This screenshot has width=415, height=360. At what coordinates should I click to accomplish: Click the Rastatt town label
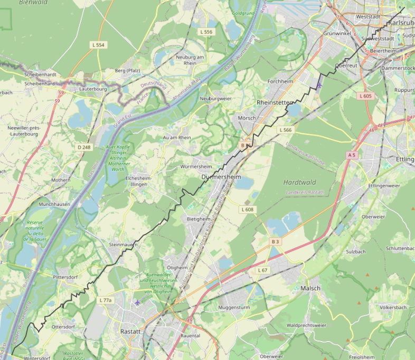coord(130,331)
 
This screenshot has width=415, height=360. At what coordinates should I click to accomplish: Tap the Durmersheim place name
coord(221,177)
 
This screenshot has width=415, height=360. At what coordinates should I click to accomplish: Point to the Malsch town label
coord(310,288)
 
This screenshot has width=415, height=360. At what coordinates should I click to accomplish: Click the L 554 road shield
coord(98,45)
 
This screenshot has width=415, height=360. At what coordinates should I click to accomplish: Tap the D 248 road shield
coord(83,147)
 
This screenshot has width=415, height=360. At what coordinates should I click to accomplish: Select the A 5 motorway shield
coord(352,155)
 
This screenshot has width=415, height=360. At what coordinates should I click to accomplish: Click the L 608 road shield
coord(247,210)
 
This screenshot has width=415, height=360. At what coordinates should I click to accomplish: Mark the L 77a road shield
coord(106,300)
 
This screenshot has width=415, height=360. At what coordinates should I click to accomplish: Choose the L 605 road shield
coord(365,96)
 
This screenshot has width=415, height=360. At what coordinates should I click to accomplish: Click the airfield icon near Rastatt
coord(138,302)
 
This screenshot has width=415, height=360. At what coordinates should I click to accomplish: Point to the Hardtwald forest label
coord(299,182)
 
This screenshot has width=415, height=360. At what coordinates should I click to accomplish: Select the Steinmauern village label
coord(122,245)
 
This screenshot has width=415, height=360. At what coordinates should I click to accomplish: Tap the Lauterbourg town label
coord(93,89)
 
